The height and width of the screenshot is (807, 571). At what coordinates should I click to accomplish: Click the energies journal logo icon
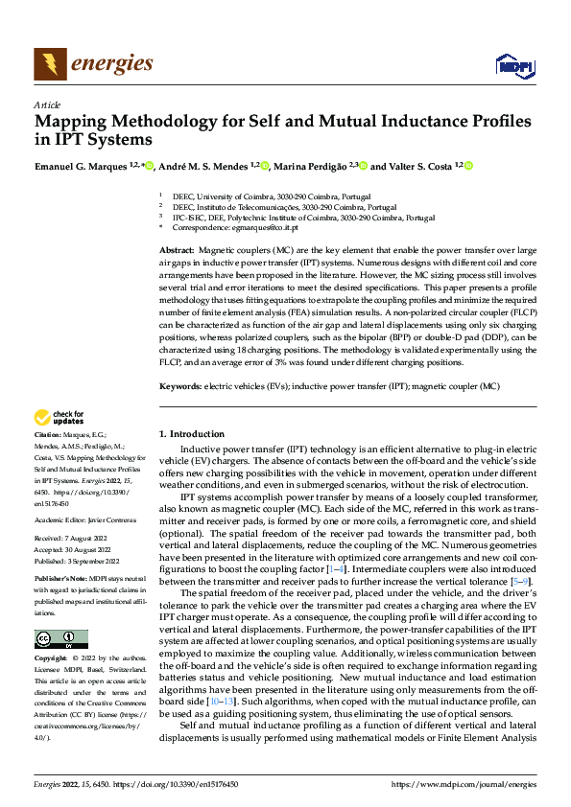[49, 64]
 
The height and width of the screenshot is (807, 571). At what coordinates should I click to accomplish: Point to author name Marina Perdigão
[312, 167]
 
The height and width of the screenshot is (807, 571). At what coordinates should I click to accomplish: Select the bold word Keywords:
[179, 386]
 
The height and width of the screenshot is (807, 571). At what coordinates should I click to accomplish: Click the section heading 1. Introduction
[192, 434]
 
